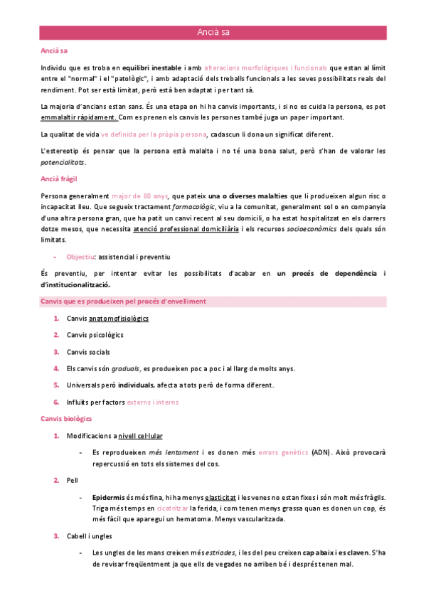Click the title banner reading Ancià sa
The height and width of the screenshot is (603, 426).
pyautogui.click(x=213, y=32)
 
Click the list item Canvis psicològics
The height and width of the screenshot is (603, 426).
pyautogui.click(x=95, y=334)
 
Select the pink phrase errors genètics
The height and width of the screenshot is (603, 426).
pyautogui.click(x=283, y=452)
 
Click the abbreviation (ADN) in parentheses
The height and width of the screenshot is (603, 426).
pyautogui.click(x=324, y=452)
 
